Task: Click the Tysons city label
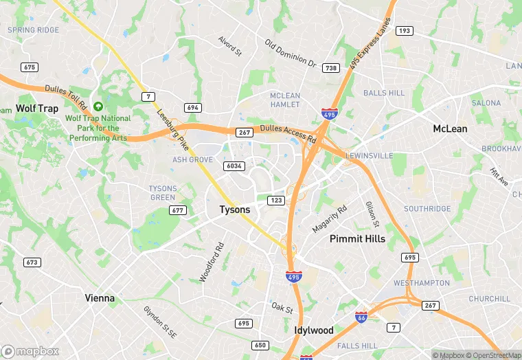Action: coord(235,210)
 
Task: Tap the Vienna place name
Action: coord(100,298)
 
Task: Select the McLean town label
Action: coord(450,128)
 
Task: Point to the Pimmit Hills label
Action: coord(357,239)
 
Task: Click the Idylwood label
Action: coord(314,330)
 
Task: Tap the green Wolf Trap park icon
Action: coord(98,106)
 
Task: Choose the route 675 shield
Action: coord(29,67)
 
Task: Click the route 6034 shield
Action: coord(234,166)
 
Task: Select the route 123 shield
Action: coord(275,200)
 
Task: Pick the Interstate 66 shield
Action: coord(361,317)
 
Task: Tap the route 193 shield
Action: coord(405,31)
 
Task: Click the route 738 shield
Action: coord(331,68)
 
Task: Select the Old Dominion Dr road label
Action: coord(291,54)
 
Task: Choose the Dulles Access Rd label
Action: coord(288,134)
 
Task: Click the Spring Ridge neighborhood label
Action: coord(33,31)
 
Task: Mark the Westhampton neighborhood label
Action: coord(422,283)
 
